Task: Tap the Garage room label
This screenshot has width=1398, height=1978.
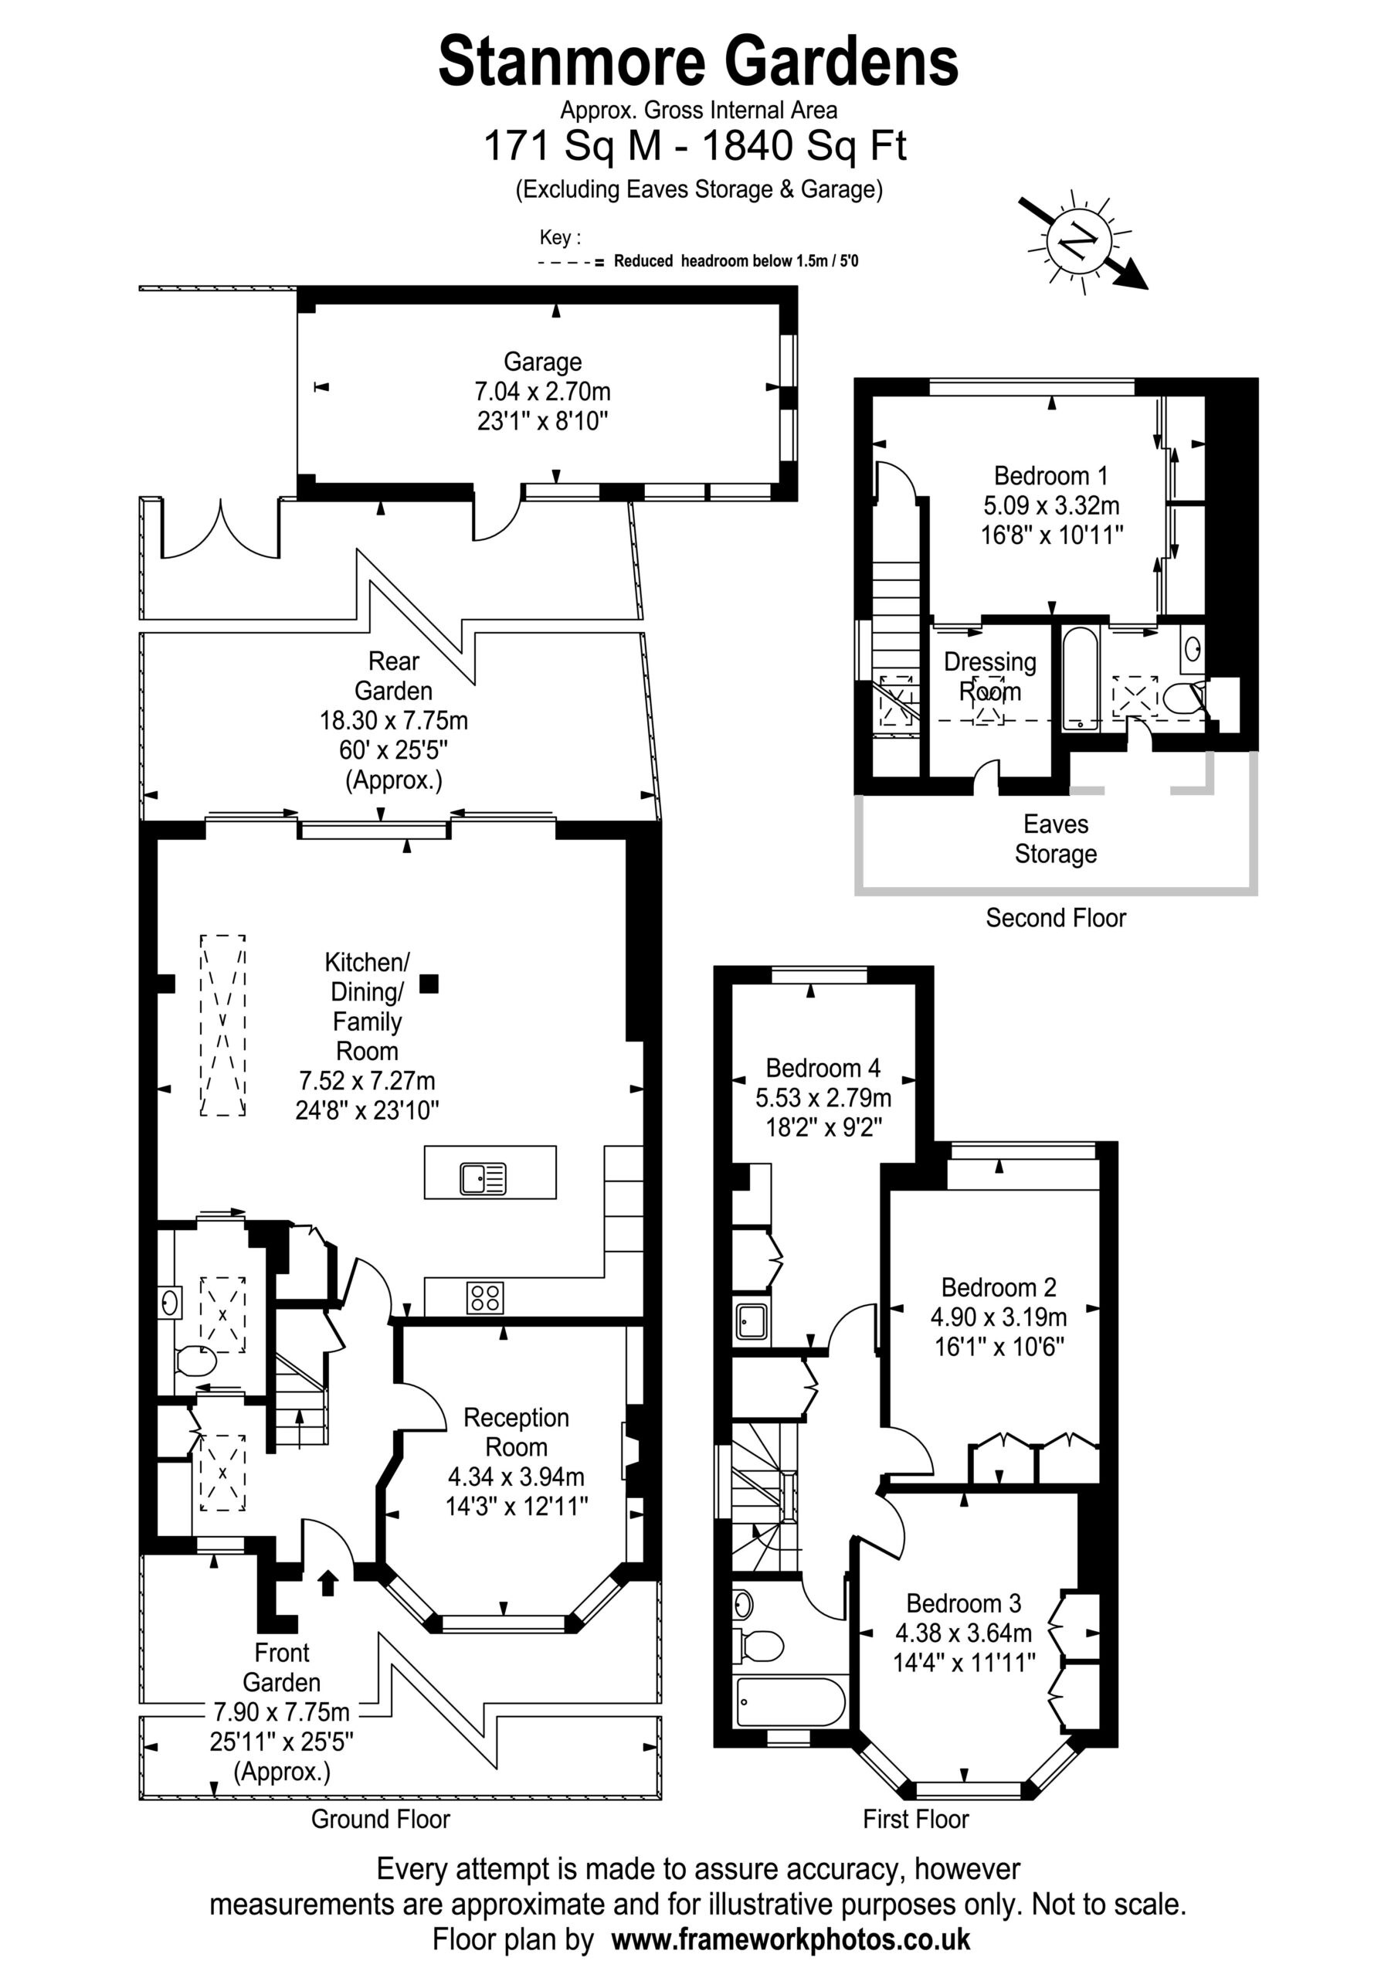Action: pyautogui.click(x=543, y=362)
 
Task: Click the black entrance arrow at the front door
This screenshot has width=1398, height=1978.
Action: pyautogui.click(x=327, y=1582)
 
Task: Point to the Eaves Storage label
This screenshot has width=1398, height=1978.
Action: pyautogui.click(x=1056, y=839)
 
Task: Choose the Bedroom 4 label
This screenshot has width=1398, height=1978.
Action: pyautogui.click(x=823, y=1069)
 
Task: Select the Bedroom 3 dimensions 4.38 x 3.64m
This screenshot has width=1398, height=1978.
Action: pyautogui.click(x=964, y=1633)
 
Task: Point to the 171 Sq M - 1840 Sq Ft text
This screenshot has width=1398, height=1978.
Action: pyautogui.click(x=695, y=145)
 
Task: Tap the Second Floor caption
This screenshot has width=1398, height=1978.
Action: pyautogui.click(x=1056, y=919)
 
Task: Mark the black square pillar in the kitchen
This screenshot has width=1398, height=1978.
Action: pyautogui.click(x=429, y=984)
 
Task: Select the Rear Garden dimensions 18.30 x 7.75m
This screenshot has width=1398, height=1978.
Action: pyautogui.click(x=394, y=720)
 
